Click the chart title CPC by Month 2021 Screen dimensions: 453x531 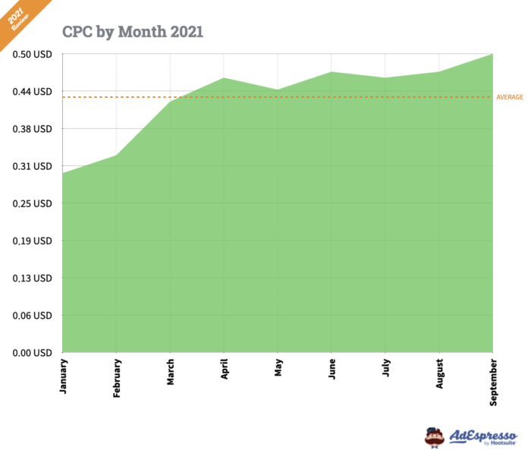132,32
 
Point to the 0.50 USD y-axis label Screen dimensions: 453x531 32,54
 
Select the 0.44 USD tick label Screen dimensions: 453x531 32,92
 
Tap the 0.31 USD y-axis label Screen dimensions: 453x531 32,166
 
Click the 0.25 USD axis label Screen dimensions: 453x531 32,203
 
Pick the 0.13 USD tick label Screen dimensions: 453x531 32,278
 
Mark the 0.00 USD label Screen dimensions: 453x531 32,353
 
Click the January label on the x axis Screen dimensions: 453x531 62,375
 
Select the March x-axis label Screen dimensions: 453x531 170,372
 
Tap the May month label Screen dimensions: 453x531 278,367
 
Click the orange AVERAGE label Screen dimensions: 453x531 509,97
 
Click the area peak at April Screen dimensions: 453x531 224,77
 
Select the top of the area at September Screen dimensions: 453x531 492,54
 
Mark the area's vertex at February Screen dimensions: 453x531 116,156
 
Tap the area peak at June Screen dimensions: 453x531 331,72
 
